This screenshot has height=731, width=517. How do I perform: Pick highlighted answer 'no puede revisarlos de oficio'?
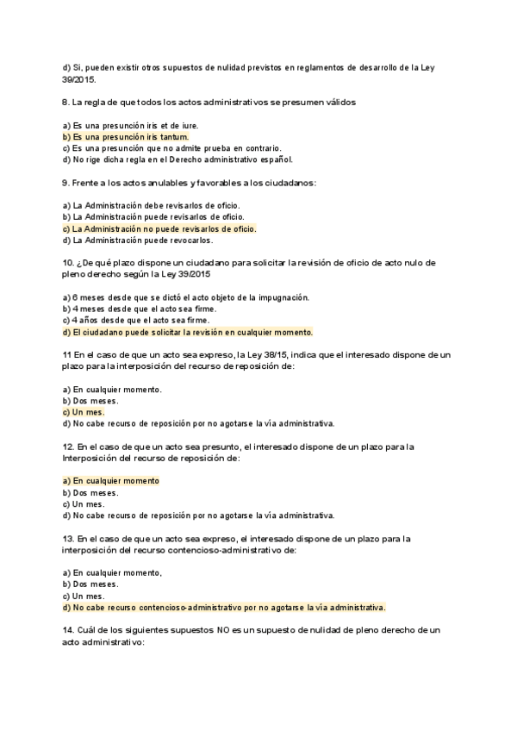pos(160,229)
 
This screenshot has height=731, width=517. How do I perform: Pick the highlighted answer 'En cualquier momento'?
pos(111,481)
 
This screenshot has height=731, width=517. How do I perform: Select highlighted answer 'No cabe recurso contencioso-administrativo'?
pos(224,607)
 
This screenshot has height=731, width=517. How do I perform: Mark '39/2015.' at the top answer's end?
pos(80,79)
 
